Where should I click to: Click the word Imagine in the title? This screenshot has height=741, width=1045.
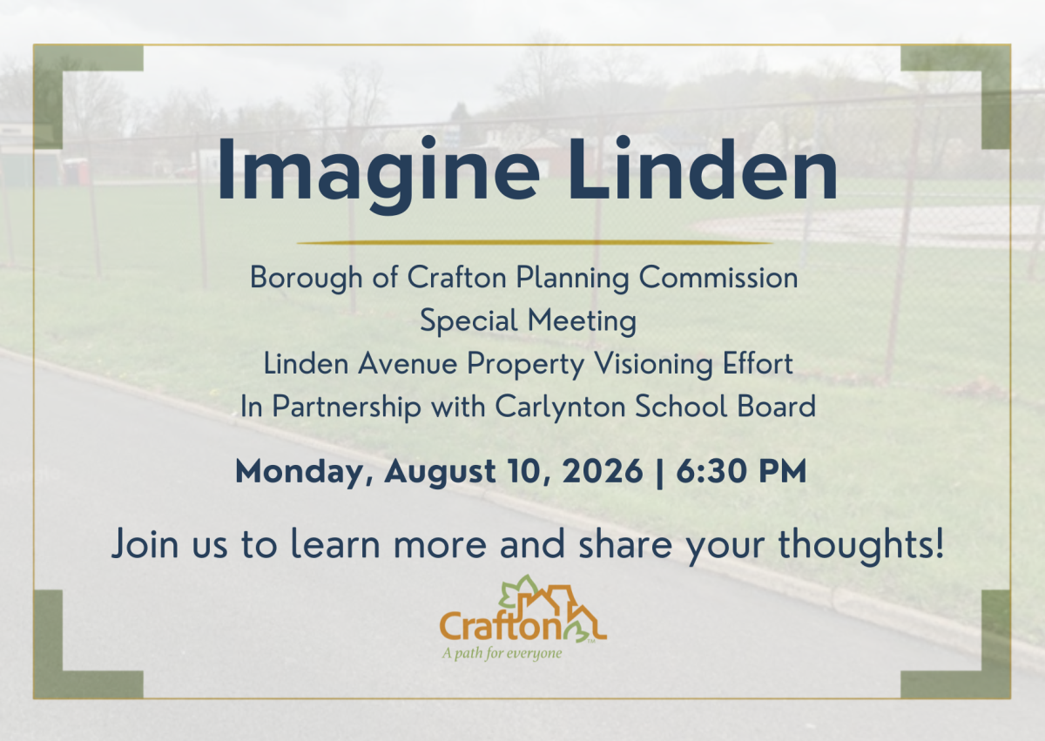pyautogui.click(x=378, y=175)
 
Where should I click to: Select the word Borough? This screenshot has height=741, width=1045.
pyautogui.click(x=307, y=279)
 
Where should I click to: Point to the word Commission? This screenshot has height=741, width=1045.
pyautogui.click(x=718, y=278)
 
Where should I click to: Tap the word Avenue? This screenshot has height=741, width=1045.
pyautogui.click(x=408, y=364)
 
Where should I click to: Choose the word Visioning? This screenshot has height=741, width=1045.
pyautogui.click(x=653, y=365)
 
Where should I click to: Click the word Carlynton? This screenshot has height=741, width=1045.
pyautogui.click(x=560, y=408)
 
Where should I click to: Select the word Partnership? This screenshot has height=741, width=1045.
pyautogui.click(x=347, y=408)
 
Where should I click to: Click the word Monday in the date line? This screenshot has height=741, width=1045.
pyautogui.click(x=304, y=473)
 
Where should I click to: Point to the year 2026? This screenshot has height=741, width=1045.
pyautogui.click(x=603, y=471)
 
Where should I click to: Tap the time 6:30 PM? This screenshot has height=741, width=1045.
pyautogui.click(x=741, y=471)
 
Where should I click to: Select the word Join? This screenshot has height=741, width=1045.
pyautogui.click(x=145, y=543)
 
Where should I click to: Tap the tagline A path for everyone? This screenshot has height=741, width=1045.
pyautogui.click(x=502, y=653)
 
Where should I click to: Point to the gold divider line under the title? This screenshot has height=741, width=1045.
pyautogui.click(x=535, y=242)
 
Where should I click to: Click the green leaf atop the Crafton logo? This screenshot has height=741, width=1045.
pyautogui.click(x=519, y=589)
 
